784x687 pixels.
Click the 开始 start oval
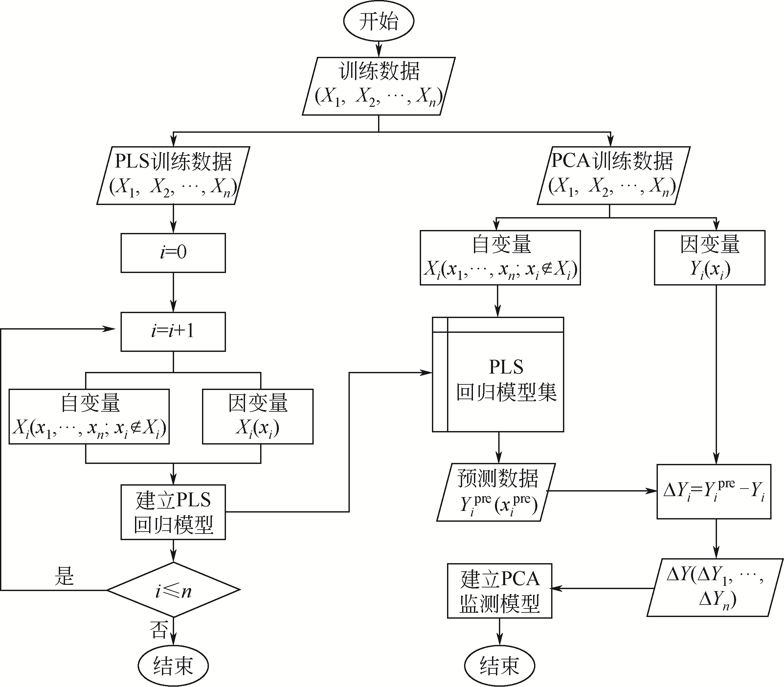[x=378, y=21]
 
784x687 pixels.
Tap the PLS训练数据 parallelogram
[x=173, y=175]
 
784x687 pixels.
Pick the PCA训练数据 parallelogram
[x=614, y=175]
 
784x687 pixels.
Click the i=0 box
[x=173, y=253]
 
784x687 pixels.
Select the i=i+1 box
[x=173, y=332]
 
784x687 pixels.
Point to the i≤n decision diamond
[x=173, y=590]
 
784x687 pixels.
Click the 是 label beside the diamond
[x=64, y=576]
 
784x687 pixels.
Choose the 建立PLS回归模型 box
[x=173, y=512]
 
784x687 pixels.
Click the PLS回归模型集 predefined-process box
[x=498, y=375]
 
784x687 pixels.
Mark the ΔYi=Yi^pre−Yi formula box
[x=713, y=492]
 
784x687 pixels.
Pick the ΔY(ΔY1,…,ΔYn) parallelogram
[x=715, y=587]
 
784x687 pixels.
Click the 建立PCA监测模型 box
[x=499, y=591]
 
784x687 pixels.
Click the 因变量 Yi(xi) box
[x=709, y=258]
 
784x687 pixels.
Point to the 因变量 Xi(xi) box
[x=258, y=416]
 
